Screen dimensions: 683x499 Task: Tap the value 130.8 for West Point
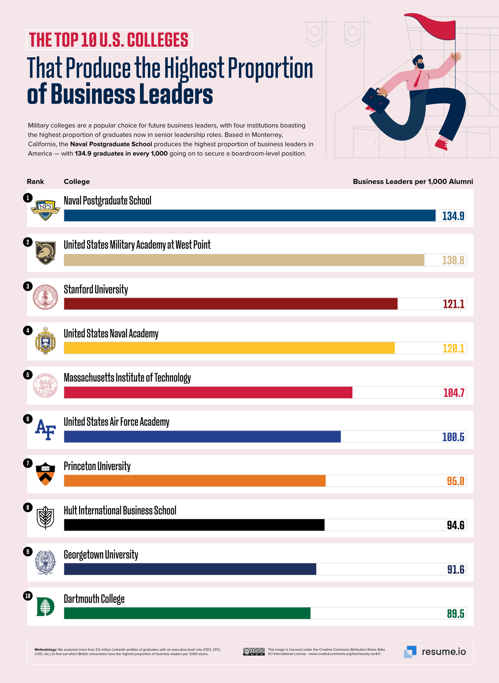[x=453, y=260]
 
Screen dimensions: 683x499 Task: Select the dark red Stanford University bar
[x=231, y=304]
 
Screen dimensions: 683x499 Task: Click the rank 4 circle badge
[x=28, y=330]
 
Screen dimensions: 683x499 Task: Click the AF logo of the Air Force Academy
[x=45, y=429]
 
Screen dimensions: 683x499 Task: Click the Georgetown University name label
[x=101, y=555]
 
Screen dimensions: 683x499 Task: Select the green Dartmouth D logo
[x=45, y=607]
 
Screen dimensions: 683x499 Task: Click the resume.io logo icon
[x=410, y=652]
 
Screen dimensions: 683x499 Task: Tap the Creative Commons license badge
[x=254, y=652]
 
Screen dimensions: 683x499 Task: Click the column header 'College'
[x=77, y=182]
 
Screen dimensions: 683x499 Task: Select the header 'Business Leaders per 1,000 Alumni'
[x=413, y=182]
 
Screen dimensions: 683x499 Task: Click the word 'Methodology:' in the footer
[x=45, y=649]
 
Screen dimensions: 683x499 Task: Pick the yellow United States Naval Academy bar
[x=229, y=348]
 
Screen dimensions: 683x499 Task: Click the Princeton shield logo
[x=45, y=474]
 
